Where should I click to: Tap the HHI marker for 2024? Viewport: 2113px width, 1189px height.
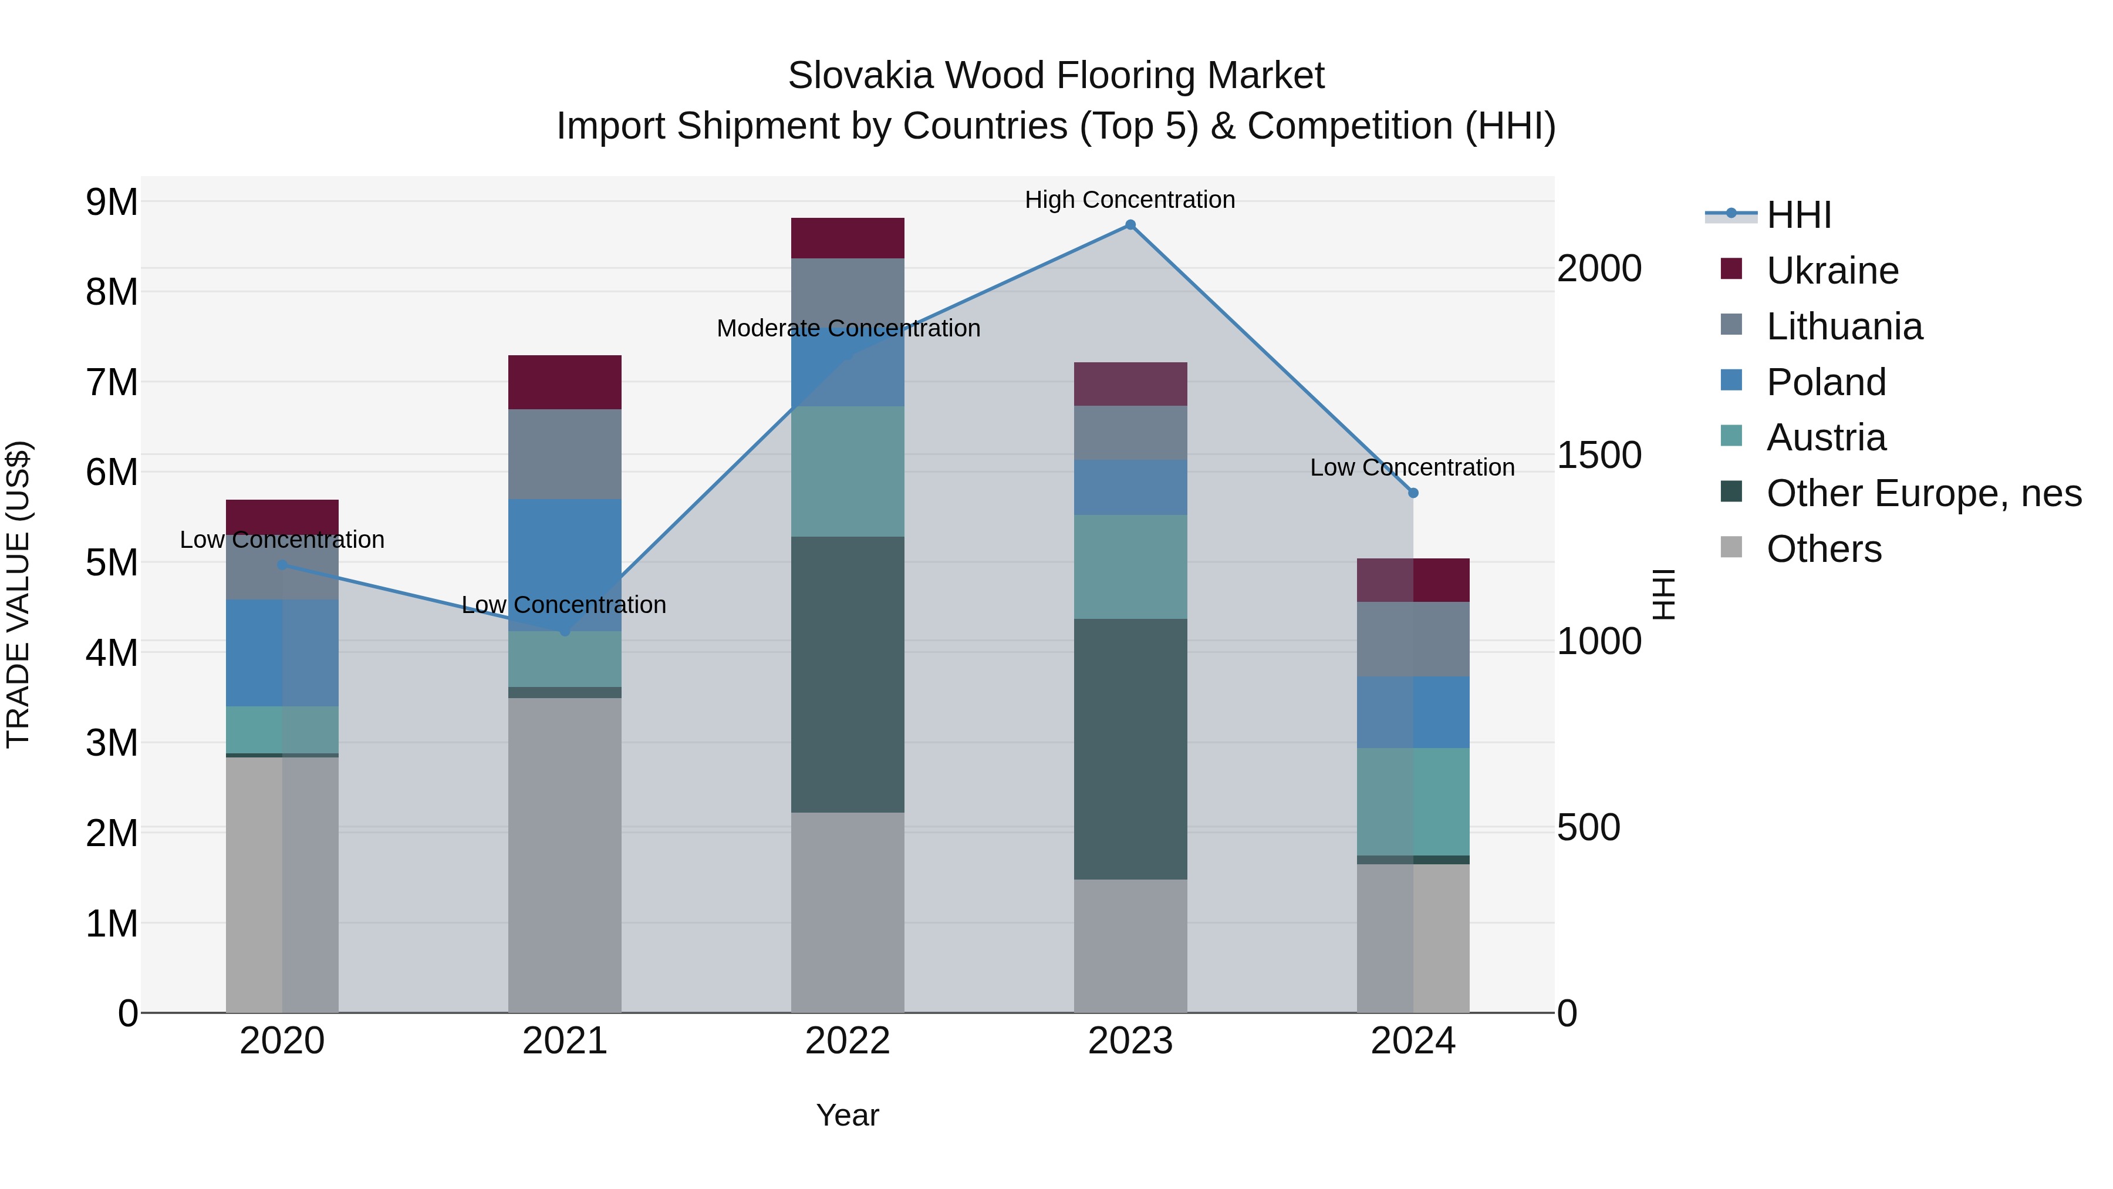(1413, 493)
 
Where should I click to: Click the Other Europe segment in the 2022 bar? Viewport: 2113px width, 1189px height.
(848, 675)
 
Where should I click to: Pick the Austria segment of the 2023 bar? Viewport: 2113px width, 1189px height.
(1130, 567)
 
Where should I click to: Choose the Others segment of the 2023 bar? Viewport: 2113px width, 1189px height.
(1130, 946)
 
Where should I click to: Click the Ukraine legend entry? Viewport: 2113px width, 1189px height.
(1832, 271)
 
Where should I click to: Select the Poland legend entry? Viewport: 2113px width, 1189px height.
(1826, 382)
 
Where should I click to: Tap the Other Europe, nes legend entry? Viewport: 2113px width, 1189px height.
(1923, 493)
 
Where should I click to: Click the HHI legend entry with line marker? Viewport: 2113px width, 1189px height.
(1798, 215)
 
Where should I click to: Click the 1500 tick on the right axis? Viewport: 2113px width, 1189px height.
(1599, 456)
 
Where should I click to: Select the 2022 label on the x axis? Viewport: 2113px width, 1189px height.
(848, 1041)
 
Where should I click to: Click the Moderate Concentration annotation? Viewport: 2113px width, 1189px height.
(848, 328)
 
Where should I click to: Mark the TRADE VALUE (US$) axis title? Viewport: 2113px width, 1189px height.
(18, 594)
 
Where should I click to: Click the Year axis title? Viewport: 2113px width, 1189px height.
(848, 1115)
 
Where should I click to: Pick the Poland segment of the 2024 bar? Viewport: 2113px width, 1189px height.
(1413, 712)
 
